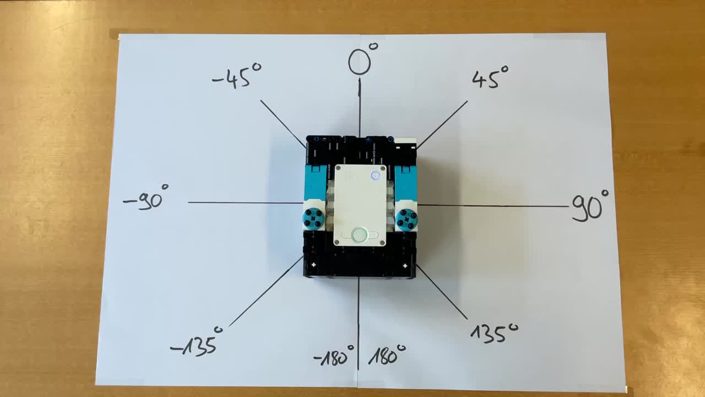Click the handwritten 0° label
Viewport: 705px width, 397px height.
361,60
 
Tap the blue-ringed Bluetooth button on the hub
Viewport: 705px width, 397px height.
376,175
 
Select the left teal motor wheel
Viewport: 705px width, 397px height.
314,218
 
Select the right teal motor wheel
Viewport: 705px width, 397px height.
406,219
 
